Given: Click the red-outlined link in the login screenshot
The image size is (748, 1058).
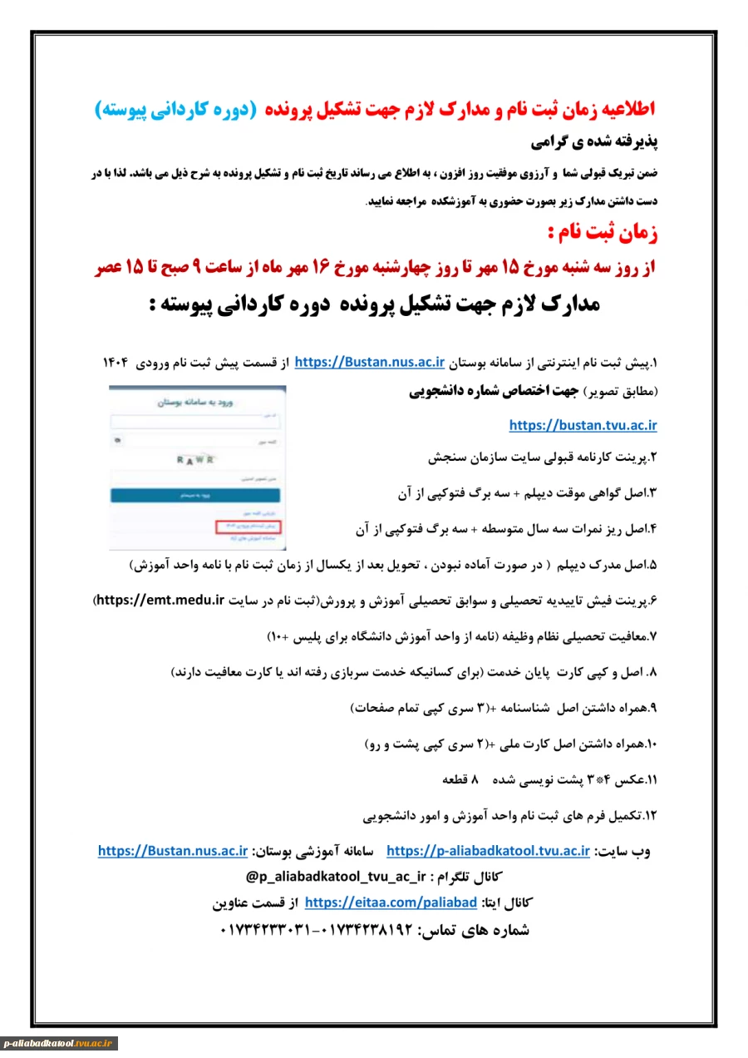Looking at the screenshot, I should (247, 527).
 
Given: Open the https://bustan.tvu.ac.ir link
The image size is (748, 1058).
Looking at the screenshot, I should (583, 426).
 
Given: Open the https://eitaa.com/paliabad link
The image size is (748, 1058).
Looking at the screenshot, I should (391, 902).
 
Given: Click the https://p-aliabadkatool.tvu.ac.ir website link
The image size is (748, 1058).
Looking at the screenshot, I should (489, 851).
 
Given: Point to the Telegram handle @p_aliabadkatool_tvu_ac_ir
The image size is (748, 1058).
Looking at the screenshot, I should (336, 877).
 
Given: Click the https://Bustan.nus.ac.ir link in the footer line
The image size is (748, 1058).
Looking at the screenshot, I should (173, 851).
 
